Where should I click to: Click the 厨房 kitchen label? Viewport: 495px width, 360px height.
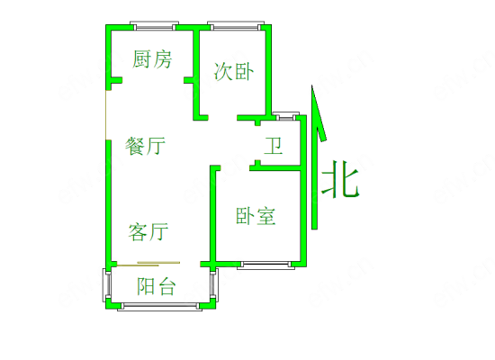click(x=152, y=59)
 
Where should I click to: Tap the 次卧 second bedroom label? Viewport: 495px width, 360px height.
click(x=234, y=71)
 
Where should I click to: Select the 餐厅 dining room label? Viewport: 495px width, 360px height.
click(x=145, y=146)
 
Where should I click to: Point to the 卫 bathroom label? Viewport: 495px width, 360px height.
click(x=274, y=146)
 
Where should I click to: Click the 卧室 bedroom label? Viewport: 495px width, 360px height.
click(x=256, y=216)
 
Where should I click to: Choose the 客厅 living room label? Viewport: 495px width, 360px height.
click(x=148, y=232)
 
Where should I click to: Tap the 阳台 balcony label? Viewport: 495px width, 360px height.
click(x=157, y=286)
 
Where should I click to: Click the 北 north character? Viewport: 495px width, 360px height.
click(x=340, y=179)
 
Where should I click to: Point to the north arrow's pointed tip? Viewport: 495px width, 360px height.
click(x=312, y=85)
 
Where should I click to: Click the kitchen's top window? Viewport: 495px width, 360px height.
click(x=155, y=26)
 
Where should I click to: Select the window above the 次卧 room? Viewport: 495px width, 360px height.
click(x=236, y=26)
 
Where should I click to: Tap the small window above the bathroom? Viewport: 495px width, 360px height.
click(x=285, y=116)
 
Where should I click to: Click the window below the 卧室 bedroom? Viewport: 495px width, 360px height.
click(x=265, y=265)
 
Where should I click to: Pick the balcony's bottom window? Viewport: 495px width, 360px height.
click(x=159, y=306)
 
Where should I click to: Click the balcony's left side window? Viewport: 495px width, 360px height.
click(x=107, y=284)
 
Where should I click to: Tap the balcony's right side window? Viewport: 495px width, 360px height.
click(x=213, y=284)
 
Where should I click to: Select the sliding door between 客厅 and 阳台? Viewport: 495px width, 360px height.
click(x=148, y=264)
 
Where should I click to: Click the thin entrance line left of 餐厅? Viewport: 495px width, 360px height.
click(x=106, y=115)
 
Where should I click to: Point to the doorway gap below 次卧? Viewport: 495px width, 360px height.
click(x=222, y=118)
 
